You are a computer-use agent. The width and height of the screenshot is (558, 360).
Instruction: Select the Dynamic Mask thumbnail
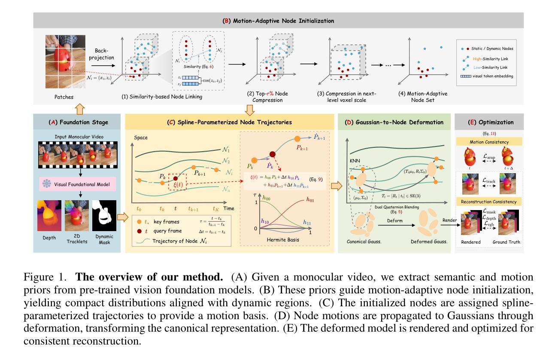(104, 215)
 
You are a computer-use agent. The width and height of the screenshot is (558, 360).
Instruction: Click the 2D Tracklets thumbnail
(77, 215)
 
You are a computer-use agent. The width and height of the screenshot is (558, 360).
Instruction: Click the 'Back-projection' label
(104, 54)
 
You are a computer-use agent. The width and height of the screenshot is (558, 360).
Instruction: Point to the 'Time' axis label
(229, 208)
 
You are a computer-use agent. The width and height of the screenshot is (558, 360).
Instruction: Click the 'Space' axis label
(141, 137)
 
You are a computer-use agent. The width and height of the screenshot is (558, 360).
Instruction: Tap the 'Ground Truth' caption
(507, 242)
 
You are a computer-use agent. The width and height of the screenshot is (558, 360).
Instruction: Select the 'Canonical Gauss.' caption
(364, 242)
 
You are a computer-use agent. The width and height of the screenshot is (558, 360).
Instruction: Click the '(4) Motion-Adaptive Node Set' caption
(421, 97)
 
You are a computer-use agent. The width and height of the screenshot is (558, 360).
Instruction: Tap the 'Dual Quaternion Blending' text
(397, 207)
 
